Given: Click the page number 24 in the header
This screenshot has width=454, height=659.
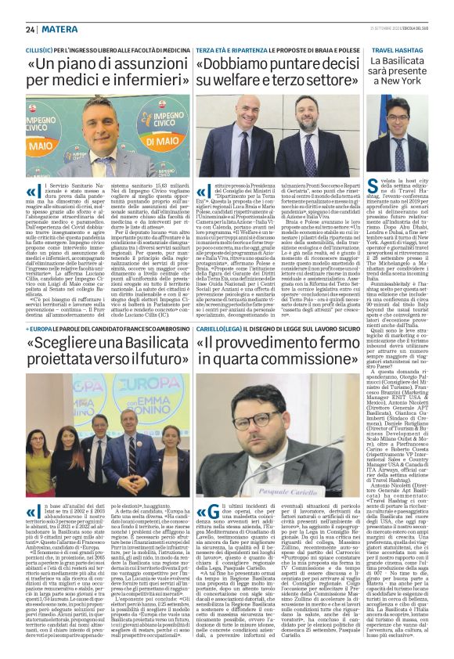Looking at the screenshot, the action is [30, 29].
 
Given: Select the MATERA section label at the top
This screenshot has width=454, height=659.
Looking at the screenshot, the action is [56, 29].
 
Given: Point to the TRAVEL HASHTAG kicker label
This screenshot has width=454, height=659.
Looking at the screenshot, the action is [398, 49].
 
